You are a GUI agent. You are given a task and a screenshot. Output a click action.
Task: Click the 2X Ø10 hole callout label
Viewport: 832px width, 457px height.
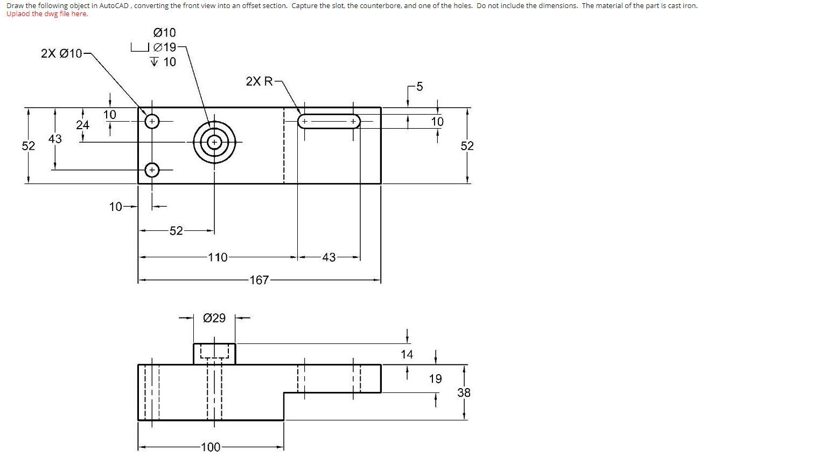click(x=61, y=53)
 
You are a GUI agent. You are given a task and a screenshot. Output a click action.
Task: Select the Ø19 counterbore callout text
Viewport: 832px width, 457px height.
click(x=165, y=47)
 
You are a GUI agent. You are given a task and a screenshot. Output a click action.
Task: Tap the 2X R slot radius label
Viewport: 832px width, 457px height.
click(x=260, y=81)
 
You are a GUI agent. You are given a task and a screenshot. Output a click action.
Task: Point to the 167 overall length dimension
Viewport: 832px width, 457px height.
click(x=259, y=280)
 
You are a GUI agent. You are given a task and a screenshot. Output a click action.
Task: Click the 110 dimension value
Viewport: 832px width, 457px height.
click(x=218, y=257)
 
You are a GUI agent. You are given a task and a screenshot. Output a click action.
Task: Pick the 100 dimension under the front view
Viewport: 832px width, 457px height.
click(x=210, y=447)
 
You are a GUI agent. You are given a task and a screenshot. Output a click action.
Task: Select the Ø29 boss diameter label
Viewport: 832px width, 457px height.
click(x=215, y=318)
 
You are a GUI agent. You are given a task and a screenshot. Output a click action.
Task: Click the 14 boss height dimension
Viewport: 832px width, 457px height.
click(x=407, y=354)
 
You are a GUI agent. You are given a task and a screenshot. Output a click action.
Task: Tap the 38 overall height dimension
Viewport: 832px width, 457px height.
click(x=464, y=393)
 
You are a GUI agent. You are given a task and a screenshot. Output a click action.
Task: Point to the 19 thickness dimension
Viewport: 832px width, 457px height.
click(x=435, y=379)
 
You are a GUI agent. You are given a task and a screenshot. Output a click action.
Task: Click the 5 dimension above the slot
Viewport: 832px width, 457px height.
click(x=420, y=87)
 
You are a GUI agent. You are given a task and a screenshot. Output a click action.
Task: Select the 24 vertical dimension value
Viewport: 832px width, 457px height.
click(x=82, y=125)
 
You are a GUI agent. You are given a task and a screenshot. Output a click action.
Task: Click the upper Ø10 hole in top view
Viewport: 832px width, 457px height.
click(x=152, y=122)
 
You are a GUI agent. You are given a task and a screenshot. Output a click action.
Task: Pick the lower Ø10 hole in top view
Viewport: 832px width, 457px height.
click(x=152, y=170)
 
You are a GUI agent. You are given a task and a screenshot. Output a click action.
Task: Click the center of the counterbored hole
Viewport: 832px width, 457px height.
click(x=214, y=142)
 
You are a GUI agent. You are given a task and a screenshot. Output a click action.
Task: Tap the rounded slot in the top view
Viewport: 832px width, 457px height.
click(x=329, y=122)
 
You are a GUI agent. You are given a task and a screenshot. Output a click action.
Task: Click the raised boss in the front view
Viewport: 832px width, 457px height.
click(x=214, y=354)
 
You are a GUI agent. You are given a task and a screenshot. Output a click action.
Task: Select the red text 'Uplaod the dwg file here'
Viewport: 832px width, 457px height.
click(x=47, y=14)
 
